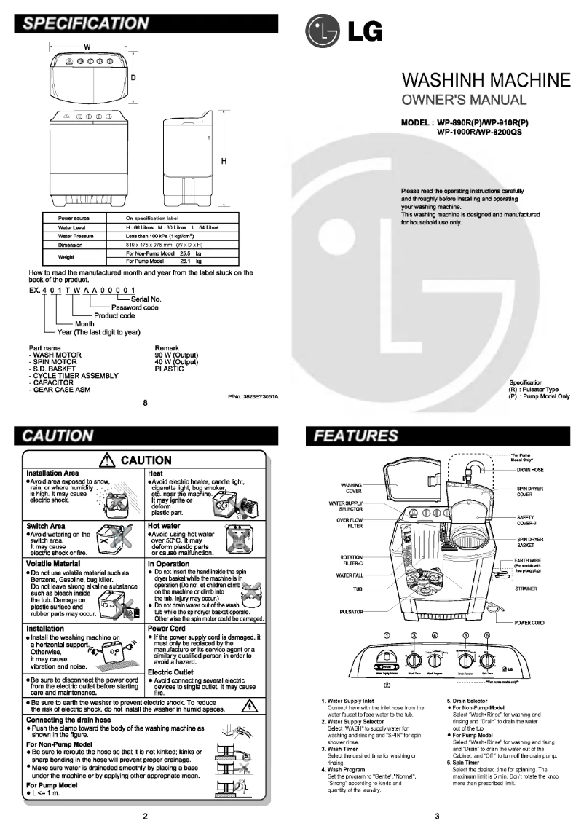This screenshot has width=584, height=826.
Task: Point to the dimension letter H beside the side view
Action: click(x=225, y=161)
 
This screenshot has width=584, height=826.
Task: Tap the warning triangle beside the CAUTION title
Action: click(x=109, y=460)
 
